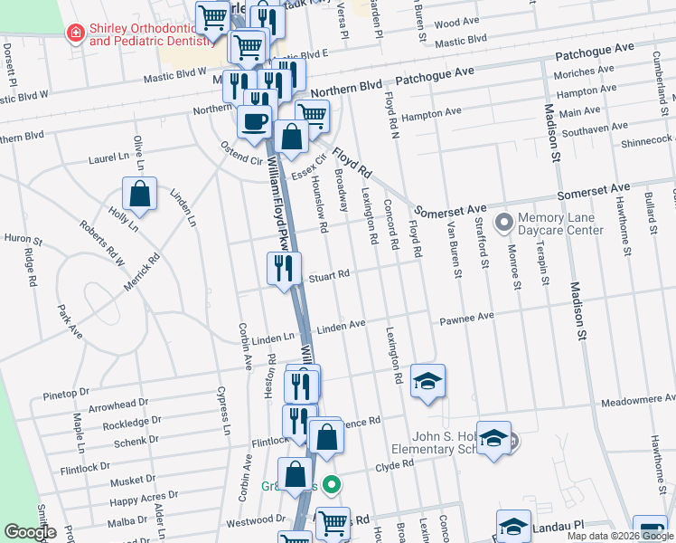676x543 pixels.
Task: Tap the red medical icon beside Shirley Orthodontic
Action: [x=77, y=33]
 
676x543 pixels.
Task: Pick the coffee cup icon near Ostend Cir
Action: [x=254, y=120]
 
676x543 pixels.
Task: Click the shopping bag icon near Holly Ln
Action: [x=140, y=194]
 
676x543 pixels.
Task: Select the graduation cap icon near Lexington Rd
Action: [x=427, y=380]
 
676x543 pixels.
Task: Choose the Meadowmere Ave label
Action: [x=637, y=401]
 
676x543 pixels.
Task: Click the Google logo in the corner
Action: [x=30, y=533]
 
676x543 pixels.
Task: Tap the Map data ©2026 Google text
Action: [x=619, y=536]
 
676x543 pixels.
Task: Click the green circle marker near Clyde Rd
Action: [x=332, y=486]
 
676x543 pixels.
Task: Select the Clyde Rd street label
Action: [x=394, y=465]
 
